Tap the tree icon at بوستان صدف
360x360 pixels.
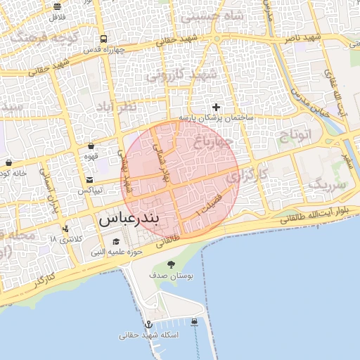[x=172, y=264]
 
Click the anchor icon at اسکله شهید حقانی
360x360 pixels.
[x=148, y=324]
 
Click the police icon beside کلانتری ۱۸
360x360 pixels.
[x=65, y=229]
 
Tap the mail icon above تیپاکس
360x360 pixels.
[x=90, y=180]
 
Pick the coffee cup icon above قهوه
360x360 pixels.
[x=91, y=147]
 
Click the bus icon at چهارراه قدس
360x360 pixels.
[x=103, y=39]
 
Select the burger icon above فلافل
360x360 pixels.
[x=57, y=6]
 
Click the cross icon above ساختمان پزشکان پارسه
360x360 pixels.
[x=216, y=107]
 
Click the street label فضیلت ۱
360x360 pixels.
[x=209, y=203]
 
